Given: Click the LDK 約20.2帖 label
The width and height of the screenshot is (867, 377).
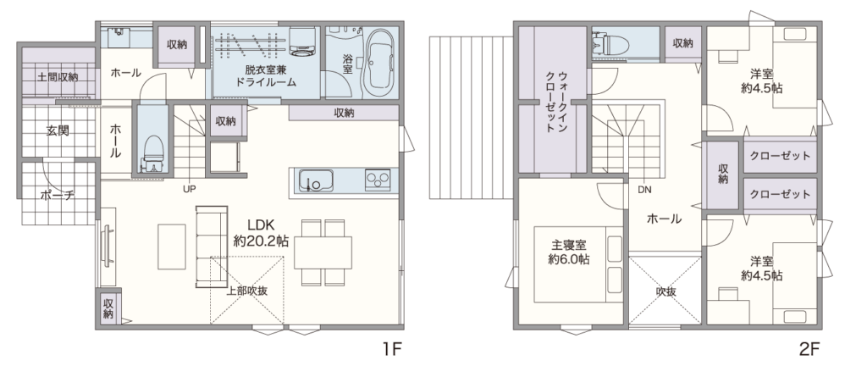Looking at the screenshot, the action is point(261,233).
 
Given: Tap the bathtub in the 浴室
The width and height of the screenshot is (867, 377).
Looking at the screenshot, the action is point(380,60).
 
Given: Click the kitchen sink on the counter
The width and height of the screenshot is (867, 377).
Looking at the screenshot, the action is point(316,180).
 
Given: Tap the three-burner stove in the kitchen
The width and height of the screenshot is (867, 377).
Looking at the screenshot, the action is point(378,180).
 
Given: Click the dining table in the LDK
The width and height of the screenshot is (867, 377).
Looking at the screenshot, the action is point(323,252).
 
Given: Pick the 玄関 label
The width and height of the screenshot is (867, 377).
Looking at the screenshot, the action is point(58,131).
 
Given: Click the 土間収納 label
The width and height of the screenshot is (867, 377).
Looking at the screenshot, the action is point(58,76).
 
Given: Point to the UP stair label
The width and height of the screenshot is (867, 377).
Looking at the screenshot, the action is point(190,189).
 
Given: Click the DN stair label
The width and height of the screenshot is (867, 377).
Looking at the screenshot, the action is point(644,190).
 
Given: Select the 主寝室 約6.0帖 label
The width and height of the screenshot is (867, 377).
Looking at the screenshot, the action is point(568,252).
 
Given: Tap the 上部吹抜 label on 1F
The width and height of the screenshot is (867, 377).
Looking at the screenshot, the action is point(247,291).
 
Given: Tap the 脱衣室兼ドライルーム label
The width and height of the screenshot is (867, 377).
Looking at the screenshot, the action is point(263,76).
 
